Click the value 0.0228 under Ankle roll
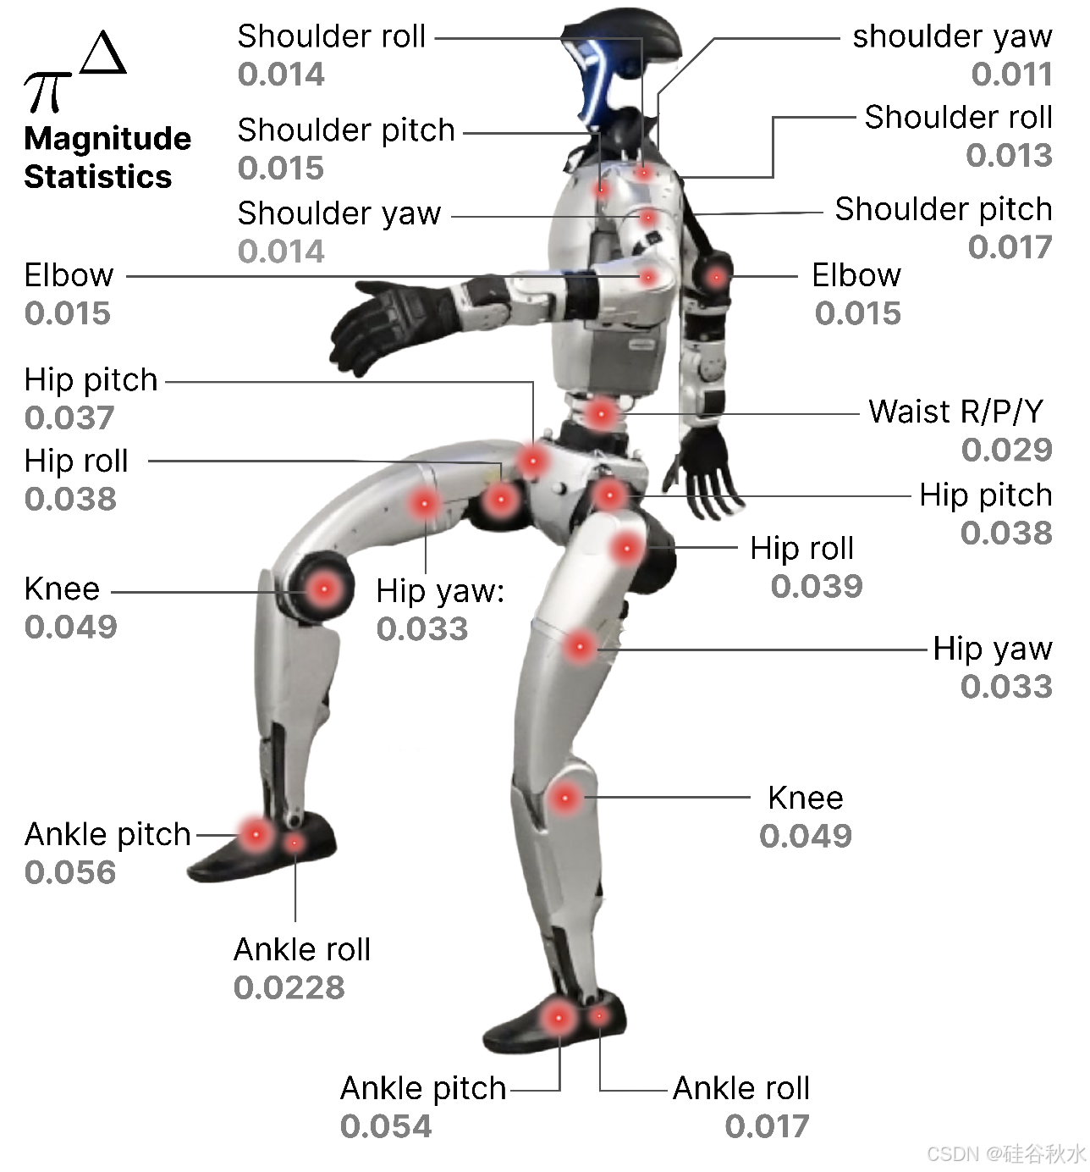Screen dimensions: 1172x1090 point(289,987)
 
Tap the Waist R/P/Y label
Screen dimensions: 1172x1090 point(955,412)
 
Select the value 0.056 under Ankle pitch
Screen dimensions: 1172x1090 point(70,872)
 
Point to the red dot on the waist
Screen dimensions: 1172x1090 point(601,414)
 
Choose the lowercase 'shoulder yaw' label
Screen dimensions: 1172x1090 point(952,36)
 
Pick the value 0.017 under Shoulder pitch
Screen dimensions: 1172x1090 point(1010,247)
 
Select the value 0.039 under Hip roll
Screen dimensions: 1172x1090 point(817,586)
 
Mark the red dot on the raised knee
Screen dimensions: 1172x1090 point(323,588)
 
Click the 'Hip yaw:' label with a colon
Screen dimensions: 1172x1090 point(440,591)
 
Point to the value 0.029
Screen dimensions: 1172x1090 point(1006,450)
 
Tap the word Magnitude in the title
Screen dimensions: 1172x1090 point(107,139)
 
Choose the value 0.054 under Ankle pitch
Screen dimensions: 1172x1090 point(386,1126)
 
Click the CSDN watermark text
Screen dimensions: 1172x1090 point(1005,1153)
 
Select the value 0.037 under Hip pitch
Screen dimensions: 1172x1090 point(69,417)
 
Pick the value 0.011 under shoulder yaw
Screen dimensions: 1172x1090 point(1011,75)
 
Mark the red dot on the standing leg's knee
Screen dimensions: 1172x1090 point(565,798)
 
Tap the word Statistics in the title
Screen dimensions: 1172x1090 point(98,177)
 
